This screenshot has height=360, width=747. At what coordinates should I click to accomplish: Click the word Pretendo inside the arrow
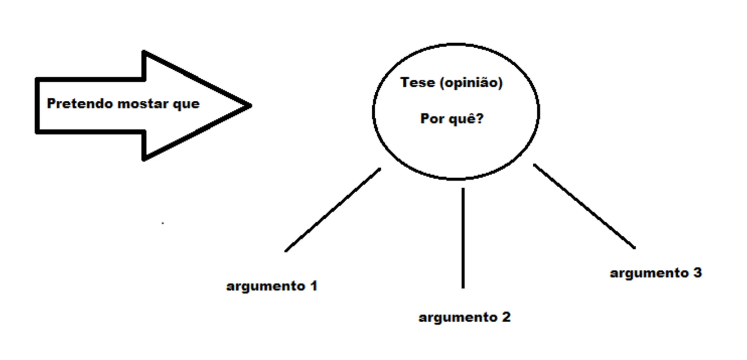pyautogui.click(x=80, y=103)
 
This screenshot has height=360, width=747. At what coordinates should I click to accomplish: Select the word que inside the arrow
pyautogui.click(x=186, y=105)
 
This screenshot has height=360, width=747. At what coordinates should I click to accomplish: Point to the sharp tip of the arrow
pyautogui.click(x=251, y=105)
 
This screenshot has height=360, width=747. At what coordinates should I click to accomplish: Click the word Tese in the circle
pyautogui.click(x=418, y=82)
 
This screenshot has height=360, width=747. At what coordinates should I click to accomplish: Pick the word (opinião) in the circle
pyautogui.click(x=471, y=83)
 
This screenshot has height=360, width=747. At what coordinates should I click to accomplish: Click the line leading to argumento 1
pyautogui.click(x=333, y=210)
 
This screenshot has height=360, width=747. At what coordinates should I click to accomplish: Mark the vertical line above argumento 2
pyautogui.click(x=463, y=238)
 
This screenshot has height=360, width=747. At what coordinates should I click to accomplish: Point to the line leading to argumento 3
pyautogui.click(x=584, y=206)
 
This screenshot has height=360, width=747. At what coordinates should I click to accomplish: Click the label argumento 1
pyautogui.click(x=272, y=286)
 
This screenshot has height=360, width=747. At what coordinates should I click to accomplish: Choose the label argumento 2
pyautogui.click(x=464, y=317)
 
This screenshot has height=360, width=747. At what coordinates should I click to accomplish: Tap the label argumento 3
pyautogui.click(x=656, y=273)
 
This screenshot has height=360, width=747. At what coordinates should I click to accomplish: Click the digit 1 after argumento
pyautogui.click(x=314, y=286)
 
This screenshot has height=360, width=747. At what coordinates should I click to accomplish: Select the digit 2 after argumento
pyautogui.click(x=506, y=317)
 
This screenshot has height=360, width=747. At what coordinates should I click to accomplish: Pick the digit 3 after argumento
pyautogui.click(x=697, y=273)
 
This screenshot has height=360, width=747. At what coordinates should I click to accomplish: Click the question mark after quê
pyautogui.click(x=480, y=118)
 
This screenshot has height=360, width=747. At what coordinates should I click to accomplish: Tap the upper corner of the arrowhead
pyautogui.click(x=144, y=52)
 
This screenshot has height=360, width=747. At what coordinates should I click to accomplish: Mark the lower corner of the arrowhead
pyautogui.click(x=144, y=160)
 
